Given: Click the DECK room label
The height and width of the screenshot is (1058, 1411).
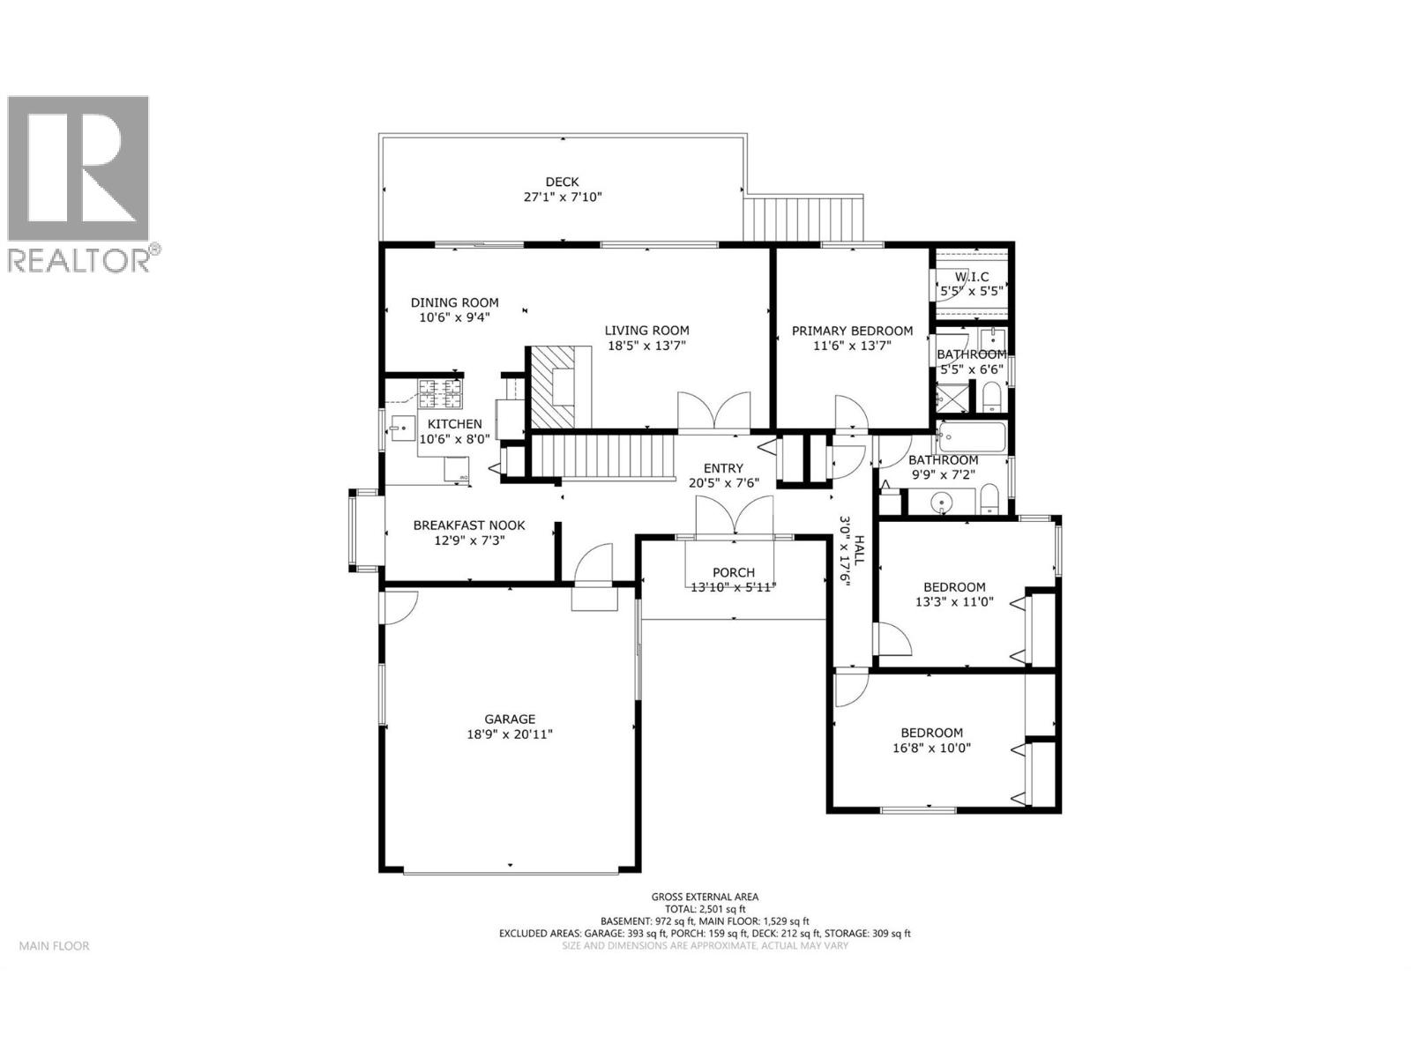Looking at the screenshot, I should tap(562, 183).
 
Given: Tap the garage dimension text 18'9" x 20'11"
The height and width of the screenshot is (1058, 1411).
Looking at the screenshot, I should tap(510, 734).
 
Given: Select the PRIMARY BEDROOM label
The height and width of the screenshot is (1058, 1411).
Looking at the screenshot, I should tap(852, 331).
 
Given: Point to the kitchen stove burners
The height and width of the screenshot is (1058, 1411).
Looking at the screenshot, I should tap(439, 393).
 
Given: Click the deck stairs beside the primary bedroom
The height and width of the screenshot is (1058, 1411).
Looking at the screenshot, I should tap(802, 218).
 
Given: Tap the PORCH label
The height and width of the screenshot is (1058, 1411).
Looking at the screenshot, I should tap(733, 572).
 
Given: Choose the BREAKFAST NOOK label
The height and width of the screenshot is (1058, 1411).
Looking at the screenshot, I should tap(469, 525).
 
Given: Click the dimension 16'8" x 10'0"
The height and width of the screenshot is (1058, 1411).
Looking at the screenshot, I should tap(931, 748).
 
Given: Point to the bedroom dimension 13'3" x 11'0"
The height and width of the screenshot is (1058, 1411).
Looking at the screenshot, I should tap(954, 602).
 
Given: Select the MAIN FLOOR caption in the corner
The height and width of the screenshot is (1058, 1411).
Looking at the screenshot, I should tap(54, 946).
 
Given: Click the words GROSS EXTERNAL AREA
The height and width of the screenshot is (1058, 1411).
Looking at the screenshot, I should tap(705, 897).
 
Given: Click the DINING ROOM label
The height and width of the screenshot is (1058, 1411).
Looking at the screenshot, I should tap(454, 302).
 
